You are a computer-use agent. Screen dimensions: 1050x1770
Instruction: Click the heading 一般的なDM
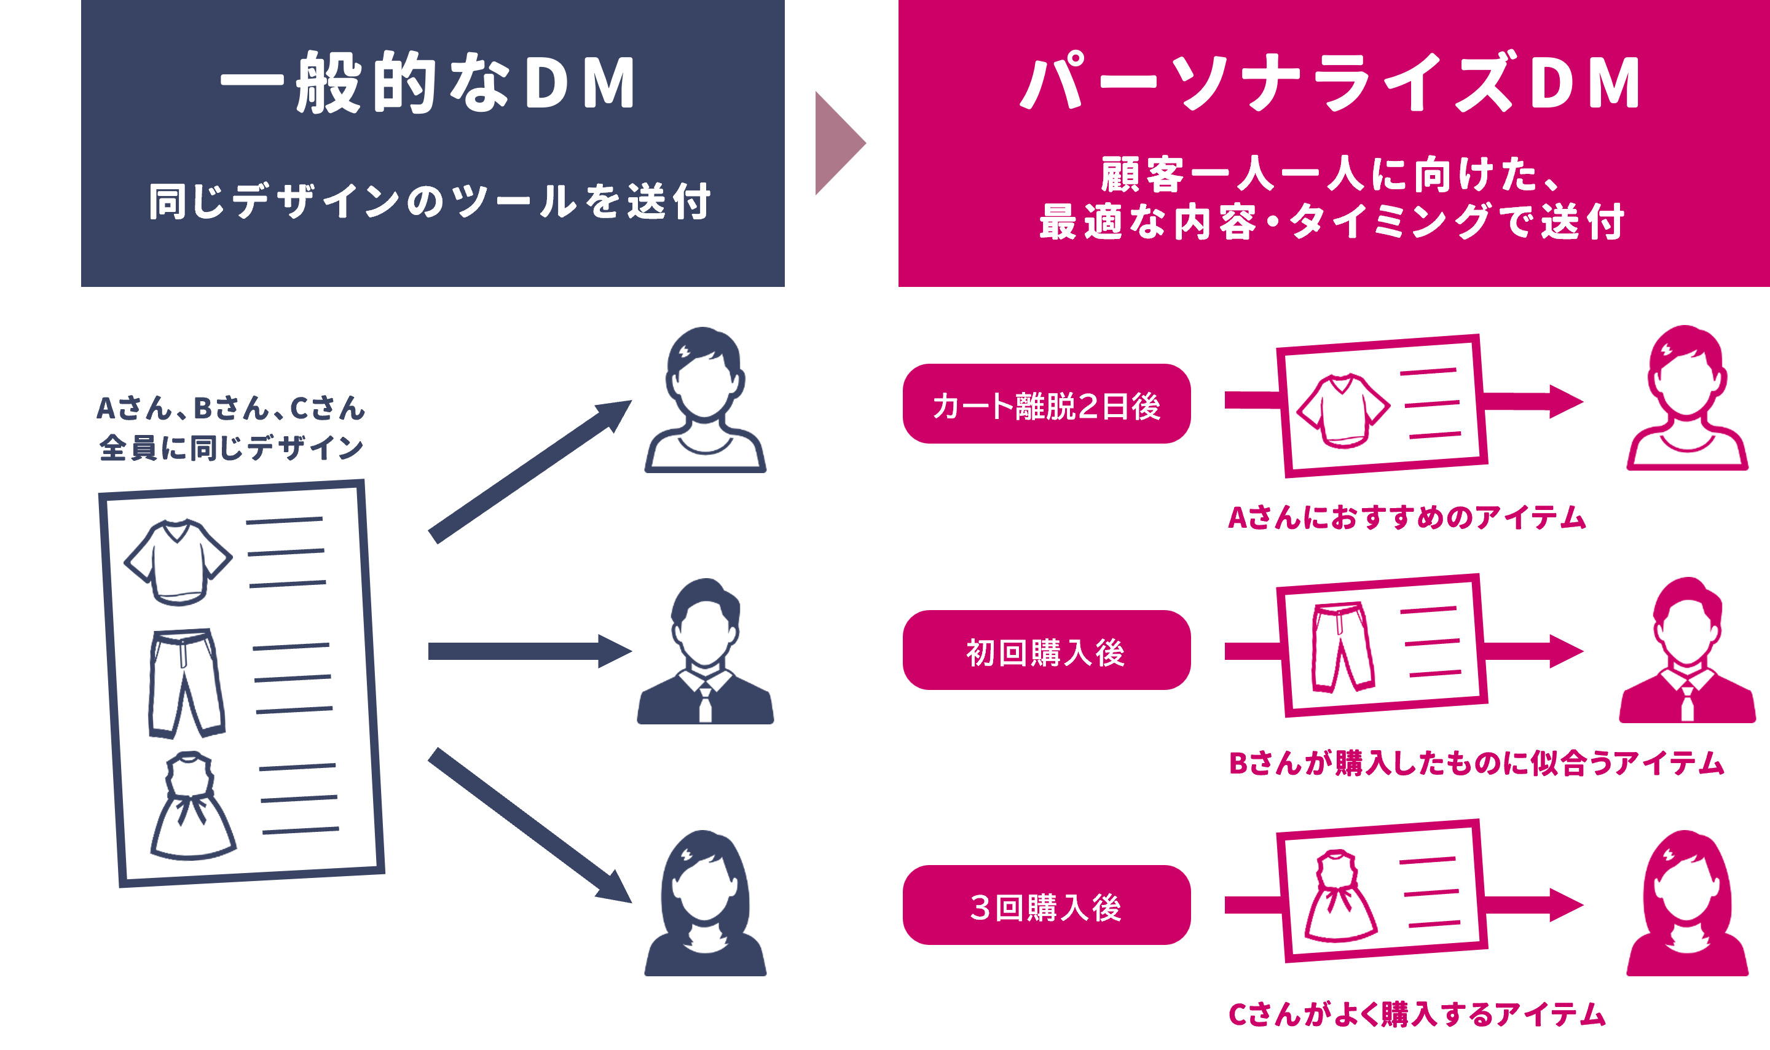tap(428, 83)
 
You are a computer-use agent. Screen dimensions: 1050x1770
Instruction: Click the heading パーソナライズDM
tap(1331, 83)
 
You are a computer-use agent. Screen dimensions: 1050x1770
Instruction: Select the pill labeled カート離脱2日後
tap(1046, 405)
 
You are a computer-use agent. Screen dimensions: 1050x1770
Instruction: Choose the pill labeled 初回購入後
tap(1046, 650)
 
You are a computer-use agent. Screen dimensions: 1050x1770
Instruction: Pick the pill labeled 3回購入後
tap(1046, 905)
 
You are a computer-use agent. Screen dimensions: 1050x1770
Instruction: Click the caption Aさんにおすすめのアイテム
tap(1406, 517)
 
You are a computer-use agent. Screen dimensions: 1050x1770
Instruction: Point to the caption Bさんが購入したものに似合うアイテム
tap(1476, 762)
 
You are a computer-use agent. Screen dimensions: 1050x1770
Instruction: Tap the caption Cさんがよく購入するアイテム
tap(1415, 1014)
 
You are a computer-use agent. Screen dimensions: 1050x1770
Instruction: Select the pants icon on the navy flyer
tap(186, 683)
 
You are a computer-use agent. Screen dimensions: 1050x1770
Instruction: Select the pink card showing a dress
tap(1382, 891)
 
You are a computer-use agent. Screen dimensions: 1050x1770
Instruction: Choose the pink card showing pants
tap(1382, 645)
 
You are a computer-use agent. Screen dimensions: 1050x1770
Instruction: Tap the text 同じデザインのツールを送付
tap(430, 201)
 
